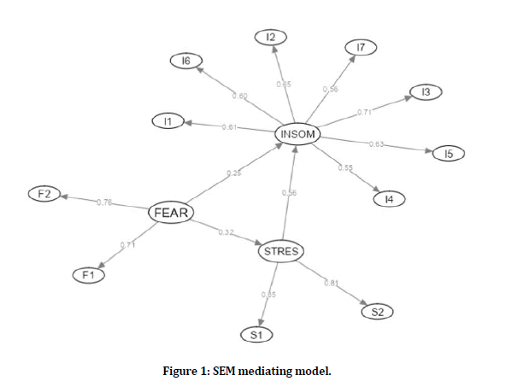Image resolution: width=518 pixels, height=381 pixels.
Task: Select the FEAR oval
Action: tap(169, 212)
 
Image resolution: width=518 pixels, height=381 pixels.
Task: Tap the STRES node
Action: tap(280, 250)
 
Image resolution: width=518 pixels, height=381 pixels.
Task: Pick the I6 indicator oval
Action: tap(185, 60)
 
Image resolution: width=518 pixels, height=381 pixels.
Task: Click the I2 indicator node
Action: tap(271, 36)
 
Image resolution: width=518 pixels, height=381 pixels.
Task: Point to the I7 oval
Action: tap(360, 48)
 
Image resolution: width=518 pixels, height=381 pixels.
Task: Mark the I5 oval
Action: tap(448, 154)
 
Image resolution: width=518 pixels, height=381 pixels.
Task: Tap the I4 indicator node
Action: tap(389, 199)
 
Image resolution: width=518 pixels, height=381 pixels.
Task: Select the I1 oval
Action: tap(168, 122)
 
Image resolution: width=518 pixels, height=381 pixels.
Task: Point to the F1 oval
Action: tap(86, 275)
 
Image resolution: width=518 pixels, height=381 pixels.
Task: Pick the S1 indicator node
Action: tap(256, 335)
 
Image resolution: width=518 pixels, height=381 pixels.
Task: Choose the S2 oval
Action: tap(377, 312)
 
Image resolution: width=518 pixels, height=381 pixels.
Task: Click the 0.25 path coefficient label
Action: tap(233, 173)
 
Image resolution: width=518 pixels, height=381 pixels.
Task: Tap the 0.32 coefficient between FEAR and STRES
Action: tap(226, 232)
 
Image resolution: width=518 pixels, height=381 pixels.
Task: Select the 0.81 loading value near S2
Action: tap(333, 283)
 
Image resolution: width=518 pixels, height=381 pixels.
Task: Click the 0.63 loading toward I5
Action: tap(376, 144)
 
